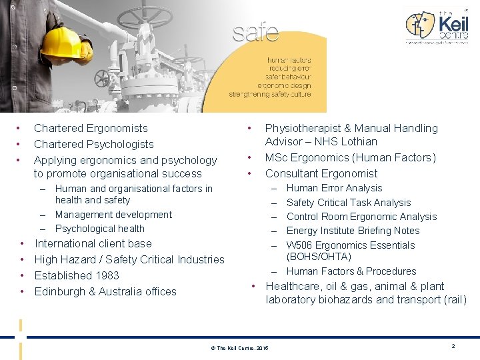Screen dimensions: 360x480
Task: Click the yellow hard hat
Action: tap(65, 42)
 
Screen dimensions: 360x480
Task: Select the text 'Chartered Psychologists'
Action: tap(93, 144)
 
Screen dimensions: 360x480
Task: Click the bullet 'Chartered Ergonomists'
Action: tap(91, 128)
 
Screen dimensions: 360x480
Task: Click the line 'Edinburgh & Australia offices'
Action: tap(105, 291)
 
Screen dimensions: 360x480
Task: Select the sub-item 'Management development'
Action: tap(113, 215)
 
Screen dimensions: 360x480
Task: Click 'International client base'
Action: tap(93, 243)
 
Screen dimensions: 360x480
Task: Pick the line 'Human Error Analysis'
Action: tap(334, 188)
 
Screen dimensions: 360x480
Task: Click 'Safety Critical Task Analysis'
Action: tap(349, 203)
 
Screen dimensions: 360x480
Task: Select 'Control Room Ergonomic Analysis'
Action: tap(361, 217)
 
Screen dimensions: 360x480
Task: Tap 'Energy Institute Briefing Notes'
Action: tap(353, 231)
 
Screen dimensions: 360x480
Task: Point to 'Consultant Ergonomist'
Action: tap(321, 173)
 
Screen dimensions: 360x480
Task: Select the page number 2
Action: tap(453, 347)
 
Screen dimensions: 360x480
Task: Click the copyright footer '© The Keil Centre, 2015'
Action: tap(239, 349)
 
